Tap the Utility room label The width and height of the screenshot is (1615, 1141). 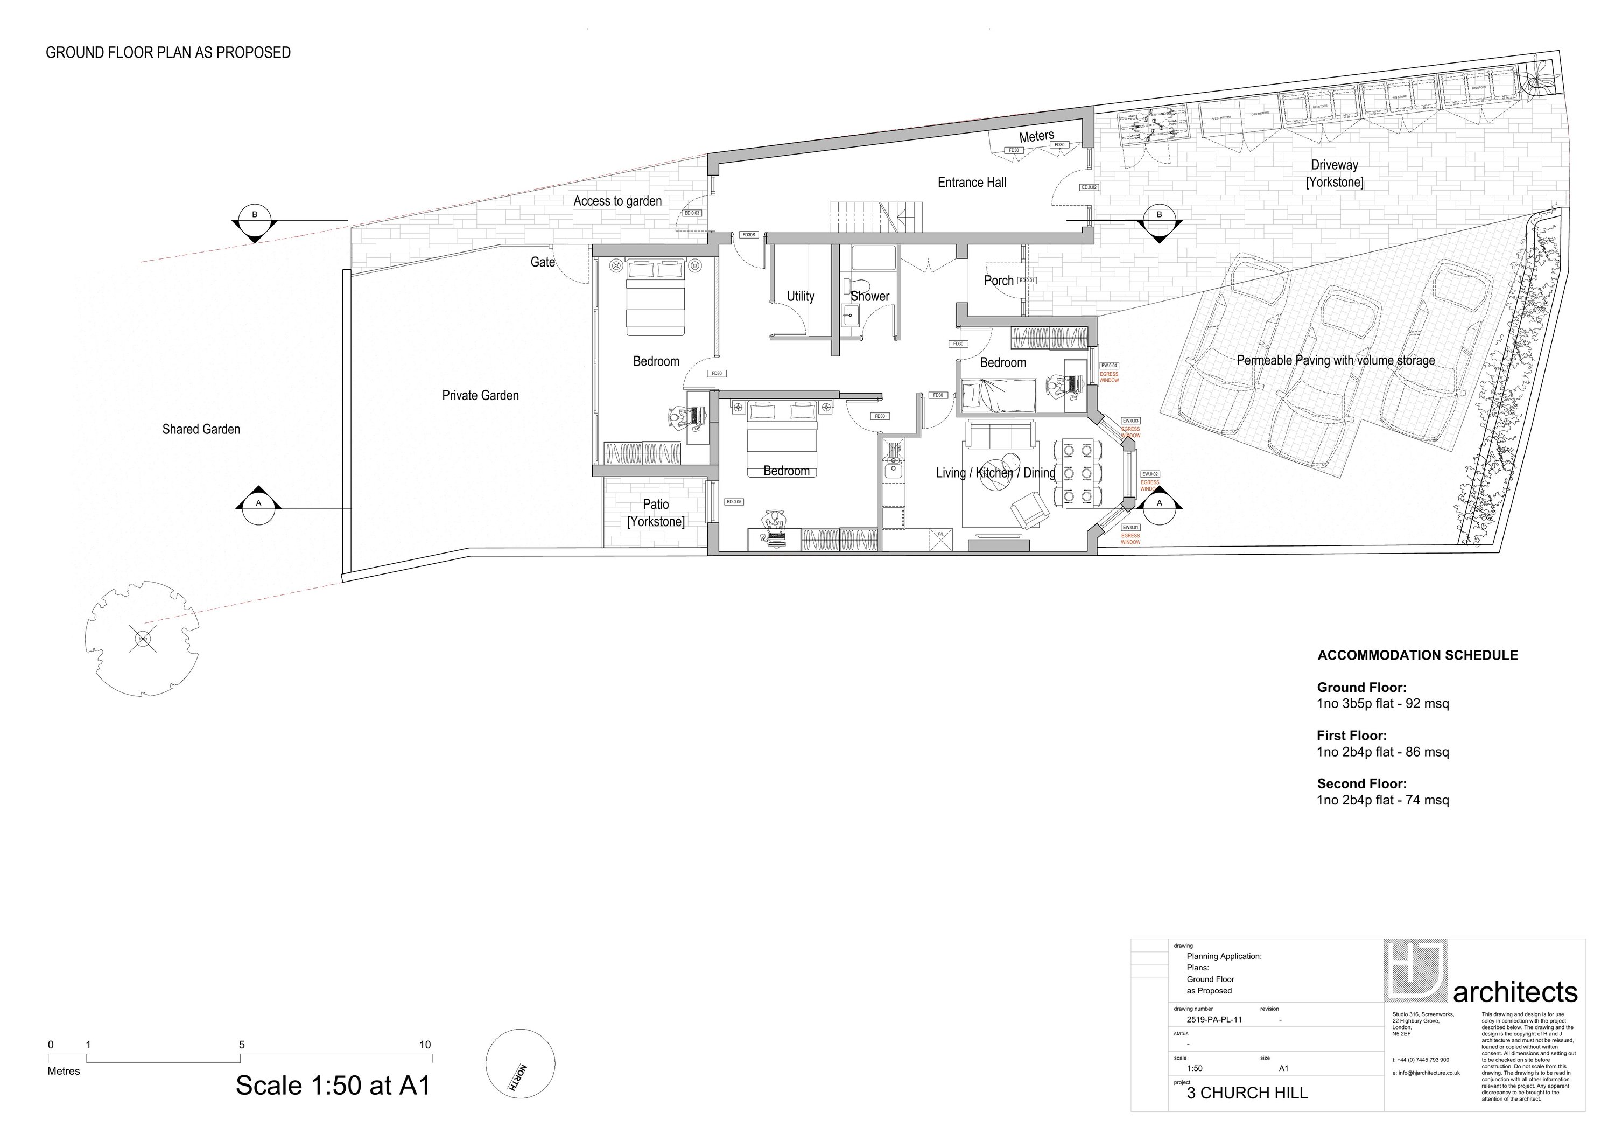pos(801,296)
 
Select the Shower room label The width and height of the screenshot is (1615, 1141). pos(870,296)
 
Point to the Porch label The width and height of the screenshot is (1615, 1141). pos(998,281)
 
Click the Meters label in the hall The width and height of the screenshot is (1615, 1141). pos(1037,136)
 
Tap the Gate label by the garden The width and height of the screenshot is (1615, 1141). pos(542,262)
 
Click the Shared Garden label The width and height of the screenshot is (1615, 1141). pos(201,429)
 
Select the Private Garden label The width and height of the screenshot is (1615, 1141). pos(480,395)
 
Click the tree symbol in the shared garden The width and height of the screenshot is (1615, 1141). pos(143,639)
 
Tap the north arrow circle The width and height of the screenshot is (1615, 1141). pos(521,1063)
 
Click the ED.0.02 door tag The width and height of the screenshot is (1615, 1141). pos(1089,187)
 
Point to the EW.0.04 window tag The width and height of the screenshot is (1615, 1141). pos(1110,366)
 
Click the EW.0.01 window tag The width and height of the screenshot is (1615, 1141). pos(1130,528)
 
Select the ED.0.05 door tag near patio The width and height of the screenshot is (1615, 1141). pos(734,501)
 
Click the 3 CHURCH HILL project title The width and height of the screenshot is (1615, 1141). pos(1247,1093)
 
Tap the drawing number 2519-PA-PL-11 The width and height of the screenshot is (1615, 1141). pos(1213,1020)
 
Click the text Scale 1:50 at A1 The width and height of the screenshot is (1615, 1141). pos(332,1086)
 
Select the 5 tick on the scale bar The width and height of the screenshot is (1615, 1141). pos(241,1045)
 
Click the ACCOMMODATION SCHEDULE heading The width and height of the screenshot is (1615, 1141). pos(1417,655)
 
